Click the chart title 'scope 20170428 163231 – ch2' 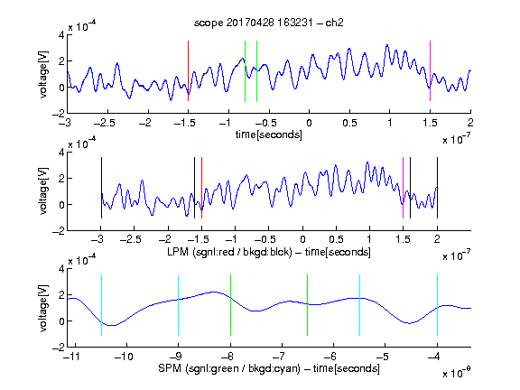269,23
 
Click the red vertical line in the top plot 188,71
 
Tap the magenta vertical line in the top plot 430,71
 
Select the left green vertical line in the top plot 245,71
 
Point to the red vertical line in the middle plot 201,188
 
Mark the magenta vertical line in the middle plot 403,188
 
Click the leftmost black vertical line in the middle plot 101,188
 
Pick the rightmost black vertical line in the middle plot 437,188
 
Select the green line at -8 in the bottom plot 230,305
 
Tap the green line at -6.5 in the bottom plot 308,305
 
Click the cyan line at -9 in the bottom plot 178,305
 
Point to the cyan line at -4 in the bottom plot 437,305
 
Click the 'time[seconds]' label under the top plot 269,135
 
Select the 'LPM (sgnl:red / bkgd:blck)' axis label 229,252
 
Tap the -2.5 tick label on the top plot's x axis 105,123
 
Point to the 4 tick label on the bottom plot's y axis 61,269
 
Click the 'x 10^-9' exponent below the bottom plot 456,372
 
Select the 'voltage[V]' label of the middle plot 43,191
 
